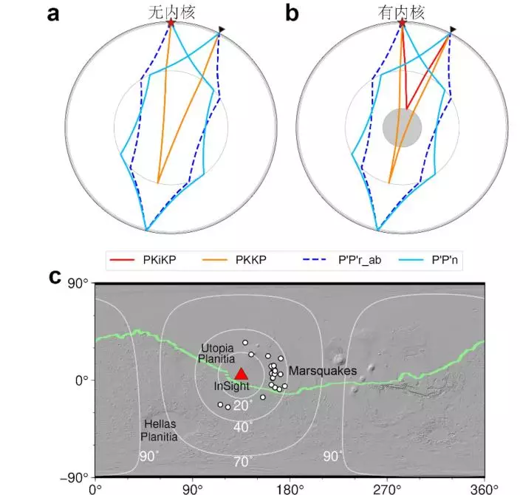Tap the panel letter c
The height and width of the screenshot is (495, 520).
(x=53, y=276)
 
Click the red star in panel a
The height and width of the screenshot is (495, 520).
(x=171, y=24)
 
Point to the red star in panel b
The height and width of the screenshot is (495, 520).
(x=403, y=24)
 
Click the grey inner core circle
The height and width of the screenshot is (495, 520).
(x=403, y=127)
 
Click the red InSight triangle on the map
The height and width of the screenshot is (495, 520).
(x=242, y=374)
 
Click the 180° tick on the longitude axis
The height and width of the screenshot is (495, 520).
(x=290, y=488)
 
